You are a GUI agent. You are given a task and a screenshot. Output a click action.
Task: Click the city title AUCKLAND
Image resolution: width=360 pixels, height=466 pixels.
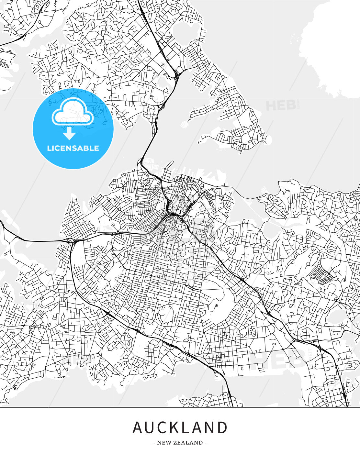(180, 427)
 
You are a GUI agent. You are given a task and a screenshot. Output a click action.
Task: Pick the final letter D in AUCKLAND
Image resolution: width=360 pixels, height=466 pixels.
(222, 427)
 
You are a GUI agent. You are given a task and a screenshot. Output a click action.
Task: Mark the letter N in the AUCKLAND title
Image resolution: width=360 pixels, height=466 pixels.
(210, 427)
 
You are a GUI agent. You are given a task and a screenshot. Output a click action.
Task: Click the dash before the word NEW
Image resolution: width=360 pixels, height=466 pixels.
(153, 443)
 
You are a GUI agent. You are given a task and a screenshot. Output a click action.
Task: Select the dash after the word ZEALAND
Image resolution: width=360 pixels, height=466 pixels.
(207, 443)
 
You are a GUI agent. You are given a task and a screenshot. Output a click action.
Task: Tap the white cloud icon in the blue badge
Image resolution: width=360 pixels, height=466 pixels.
(73, 112)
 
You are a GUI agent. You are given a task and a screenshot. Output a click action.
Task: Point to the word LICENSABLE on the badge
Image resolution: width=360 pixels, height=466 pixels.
(73, 148)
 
